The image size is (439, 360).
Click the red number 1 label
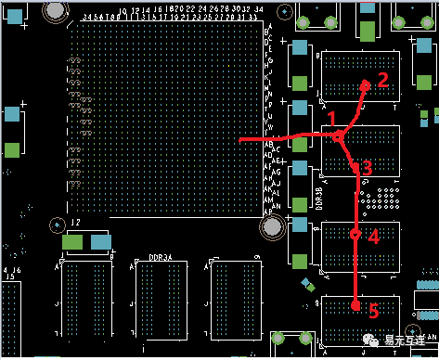point(331,118)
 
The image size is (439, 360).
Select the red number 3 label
point(367,168)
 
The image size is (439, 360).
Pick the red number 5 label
point(371,312)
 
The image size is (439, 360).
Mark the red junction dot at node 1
point(339,137)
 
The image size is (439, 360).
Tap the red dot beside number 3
point(354,168)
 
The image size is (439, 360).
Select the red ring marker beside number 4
point(355,235)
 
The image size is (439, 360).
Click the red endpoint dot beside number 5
point(356,304)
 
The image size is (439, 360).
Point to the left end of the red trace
point(241,139)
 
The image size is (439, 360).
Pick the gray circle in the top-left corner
point(55,9)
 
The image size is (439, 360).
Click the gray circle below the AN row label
point(271,225)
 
